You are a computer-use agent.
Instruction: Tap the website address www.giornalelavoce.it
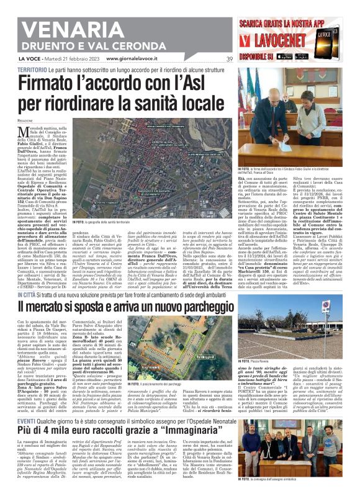pos(133,59)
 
